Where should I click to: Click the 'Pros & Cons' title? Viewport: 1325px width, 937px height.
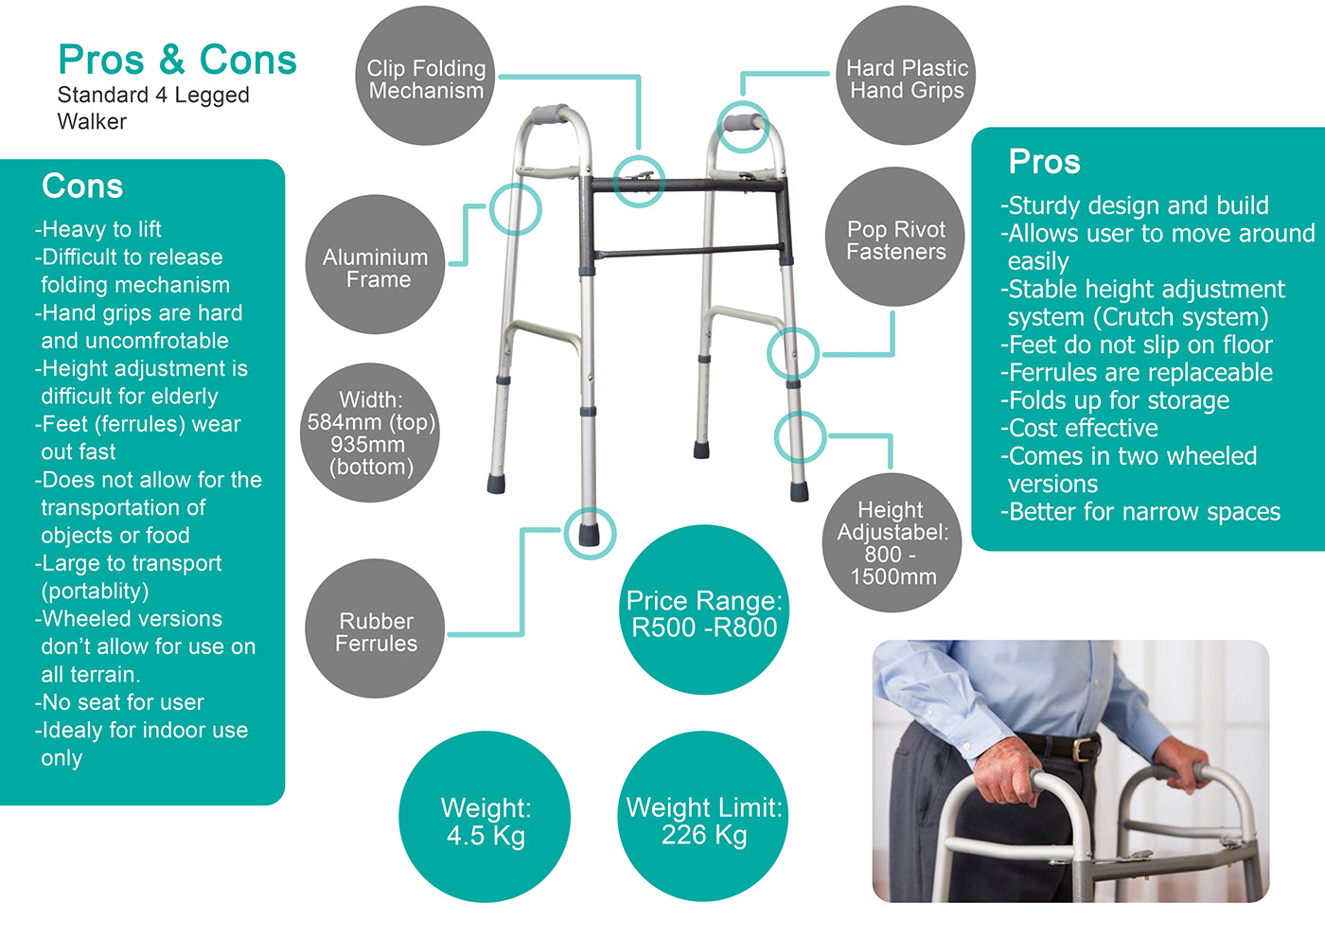click(x=177, y=60)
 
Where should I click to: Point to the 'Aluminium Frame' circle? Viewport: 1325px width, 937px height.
click(x=376, y=266)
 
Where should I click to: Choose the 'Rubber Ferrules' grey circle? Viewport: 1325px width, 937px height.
click(x=376, y=629)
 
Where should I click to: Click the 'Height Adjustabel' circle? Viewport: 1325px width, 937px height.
click(x=892, y=542)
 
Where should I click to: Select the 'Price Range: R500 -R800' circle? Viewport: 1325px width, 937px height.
click(x=704, y=610)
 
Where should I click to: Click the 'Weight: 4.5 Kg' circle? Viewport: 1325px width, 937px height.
click(x=486, y=819)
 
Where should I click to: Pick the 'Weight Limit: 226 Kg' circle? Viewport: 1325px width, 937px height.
click(x=703, y=819)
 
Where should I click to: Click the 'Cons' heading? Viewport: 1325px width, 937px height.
click(x=82, y=186)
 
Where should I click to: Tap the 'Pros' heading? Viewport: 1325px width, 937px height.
click(x=1044, y=162)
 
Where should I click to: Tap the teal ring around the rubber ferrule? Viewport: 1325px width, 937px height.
click(x=589, y=534)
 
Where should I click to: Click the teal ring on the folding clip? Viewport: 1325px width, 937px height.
click(x=638, y=181)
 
